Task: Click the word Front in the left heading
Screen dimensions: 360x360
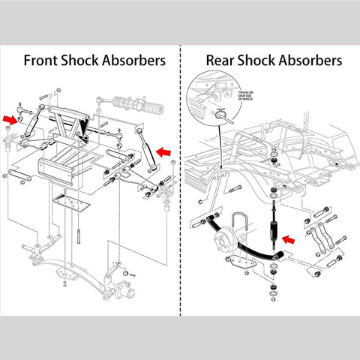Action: tap(43, 59)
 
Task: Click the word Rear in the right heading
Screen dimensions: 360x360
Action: tap(222, 59)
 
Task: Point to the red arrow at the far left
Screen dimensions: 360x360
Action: tap(9, 118)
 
